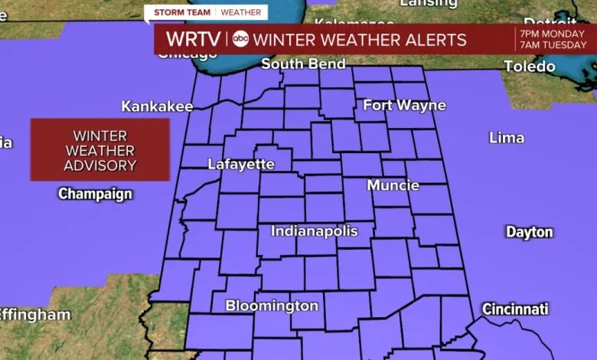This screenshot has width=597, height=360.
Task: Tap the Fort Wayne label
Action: point(404,105)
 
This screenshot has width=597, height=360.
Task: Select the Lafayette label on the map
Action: point(241,164)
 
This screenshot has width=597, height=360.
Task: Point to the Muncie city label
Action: point(393,185)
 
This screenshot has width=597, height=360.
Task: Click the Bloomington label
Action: point(272,306)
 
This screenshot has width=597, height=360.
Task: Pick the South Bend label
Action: point(303,64)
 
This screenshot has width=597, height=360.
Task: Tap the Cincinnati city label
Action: point(515,309)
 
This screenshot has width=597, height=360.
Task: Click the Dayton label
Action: point(529,232)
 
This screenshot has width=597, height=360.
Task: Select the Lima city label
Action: point(507,138)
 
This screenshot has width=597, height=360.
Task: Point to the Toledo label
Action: point(530,67)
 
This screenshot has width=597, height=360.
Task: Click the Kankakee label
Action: point(157,106)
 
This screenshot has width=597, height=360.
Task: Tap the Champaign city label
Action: point(96,194)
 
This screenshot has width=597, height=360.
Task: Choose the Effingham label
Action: point(34,315)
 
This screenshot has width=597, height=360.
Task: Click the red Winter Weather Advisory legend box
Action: point(99,150)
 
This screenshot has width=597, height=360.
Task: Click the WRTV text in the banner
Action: point(194,39)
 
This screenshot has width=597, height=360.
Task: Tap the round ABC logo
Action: point(241,40)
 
